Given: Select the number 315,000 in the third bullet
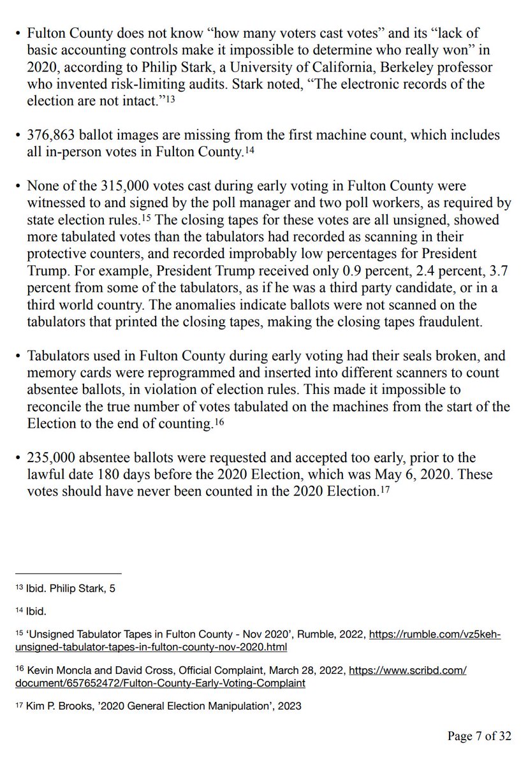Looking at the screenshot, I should pos(124,186).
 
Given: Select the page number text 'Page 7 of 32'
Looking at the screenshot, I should pos(479,736).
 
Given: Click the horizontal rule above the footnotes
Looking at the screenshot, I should pos(68,572).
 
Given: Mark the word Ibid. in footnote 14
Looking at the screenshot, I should pos(36,611).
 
